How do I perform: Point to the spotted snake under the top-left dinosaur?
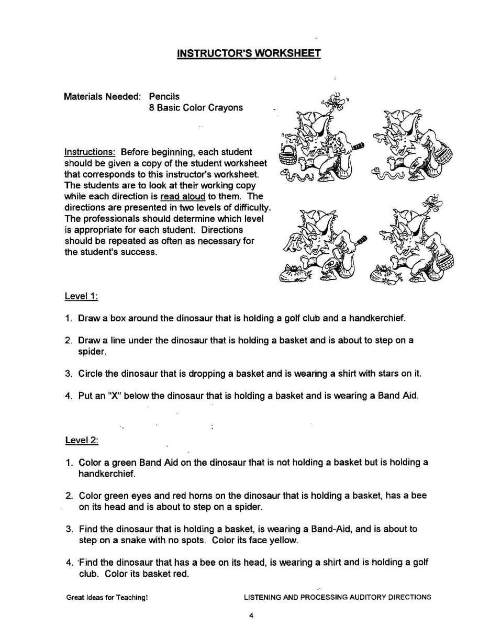pyautogui.click(x=297, y=177)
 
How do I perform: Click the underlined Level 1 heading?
pyautogui.click(x=81, y=296)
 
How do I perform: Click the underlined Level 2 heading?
pyautogui.click(x=81, y=440)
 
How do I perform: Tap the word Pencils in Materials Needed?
pyautogui.click(x=164, y=96)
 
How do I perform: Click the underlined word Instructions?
pyautogui.click(x=90, y=152)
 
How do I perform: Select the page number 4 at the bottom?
pyautogui.click(x=251, y=615)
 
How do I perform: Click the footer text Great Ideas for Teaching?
pyautogui.click(x=107, y=597)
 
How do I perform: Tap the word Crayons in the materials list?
pyautogui.click(x=226, y=108)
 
